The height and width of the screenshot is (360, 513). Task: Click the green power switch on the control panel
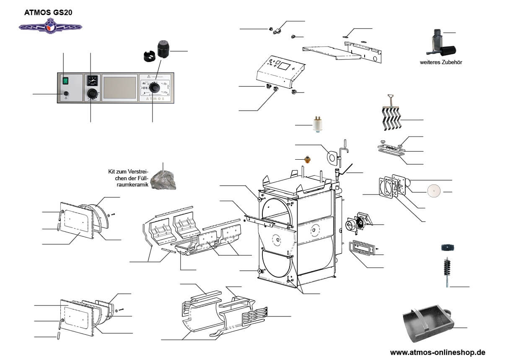point(65,80)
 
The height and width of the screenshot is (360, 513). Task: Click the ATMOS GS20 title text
point(48,13)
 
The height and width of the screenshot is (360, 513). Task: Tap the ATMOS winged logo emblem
point(51,27)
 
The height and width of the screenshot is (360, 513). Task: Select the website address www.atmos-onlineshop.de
point(438,352)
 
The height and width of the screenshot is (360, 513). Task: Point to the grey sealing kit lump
point(164,179)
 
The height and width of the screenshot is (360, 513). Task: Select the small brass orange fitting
point(308,160)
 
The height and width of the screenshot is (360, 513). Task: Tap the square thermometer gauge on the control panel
point(91,80)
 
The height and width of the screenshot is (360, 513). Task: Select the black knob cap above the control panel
point(163,49)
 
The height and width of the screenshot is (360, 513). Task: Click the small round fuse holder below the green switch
point(66,93)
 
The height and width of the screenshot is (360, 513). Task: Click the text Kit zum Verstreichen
point(128,171)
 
